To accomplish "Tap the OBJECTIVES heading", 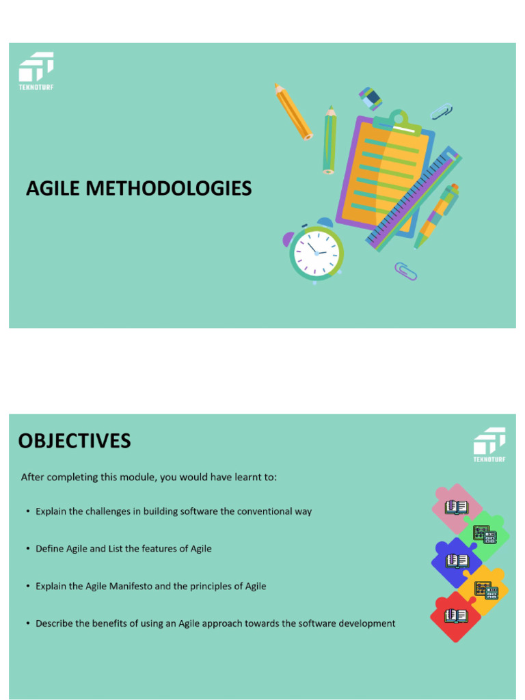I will point(75,441).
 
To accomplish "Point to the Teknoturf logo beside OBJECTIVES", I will point(489,444).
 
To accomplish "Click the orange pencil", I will point(293,111).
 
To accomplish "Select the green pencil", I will point(329,139).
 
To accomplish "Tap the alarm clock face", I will point(316,253).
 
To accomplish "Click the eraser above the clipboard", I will point(371,99).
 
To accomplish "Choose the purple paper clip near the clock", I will point(406,271).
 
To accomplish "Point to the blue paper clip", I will point(442,111).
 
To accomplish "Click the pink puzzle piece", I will point(455,507).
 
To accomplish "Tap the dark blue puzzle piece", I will point(455,561).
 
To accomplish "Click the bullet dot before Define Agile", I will point(27,549).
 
